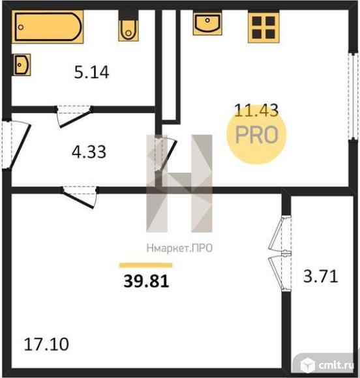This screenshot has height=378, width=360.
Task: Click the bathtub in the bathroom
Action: (48, 27)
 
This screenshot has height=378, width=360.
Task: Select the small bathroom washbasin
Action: (22, 65)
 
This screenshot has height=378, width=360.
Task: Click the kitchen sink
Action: (207, 23)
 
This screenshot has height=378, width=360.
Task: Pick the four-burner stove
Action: (263, 27)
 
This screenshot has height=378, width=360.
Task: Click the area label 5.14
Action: (91, 72)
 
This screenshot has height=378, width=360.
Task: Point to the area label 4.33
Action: (89, 152)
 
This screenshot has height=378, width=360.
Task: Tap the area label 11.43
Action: (256, 110)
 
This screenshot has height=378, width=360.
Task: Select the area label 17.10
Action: (46, 344)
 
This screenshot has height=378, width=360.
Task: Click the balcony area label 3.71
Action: (320, 276)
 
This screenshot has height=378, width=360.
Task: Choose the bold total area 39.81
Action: (146, 281)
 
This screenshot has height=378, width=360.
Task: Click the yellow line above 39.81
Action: (145, 265)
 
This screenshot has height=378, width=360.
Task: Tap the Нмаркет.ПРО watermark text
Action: (179, 248)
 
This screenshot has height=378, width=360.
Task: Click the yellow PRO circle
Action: (256, 134)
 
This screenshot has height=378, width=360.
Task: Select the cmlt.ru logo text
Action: (337, 366)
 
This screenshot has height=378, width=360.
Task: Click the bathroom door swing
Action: (74, 116)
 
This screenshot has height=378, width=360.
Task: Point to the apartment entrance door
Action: (16, 145)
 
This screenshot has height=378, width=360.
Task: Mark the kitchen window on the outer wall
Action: (353, 96)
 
